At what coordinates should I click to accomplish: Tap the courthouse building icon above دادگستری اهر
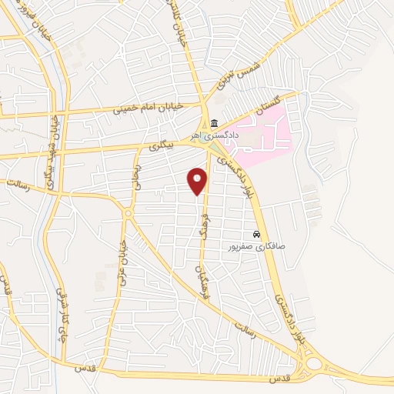pos(214,124)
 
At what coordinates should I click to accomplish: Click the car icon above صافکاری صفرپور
pos(256,235)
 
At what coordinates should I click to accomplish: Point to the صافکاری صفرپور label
pos(256,247)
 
